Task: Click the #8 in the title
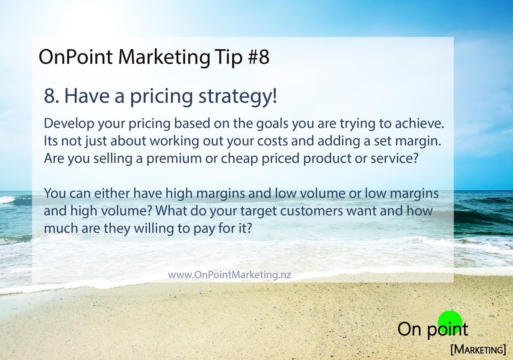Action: coord(258,58)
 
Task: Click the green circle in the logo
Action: coord(450,322)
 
